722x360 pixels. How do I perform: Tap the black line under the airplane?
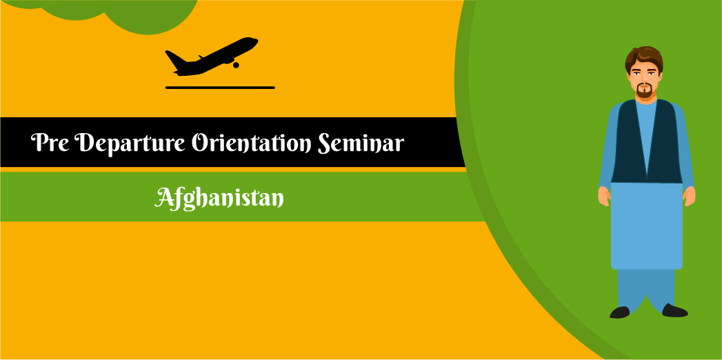pos(220,88)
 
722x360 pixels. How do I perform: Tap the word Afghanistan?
pos(220,198)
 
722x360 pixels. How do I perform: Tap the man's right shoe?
pos(620,312)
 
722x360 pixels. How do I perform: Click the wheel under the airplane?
pos(236,65)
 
